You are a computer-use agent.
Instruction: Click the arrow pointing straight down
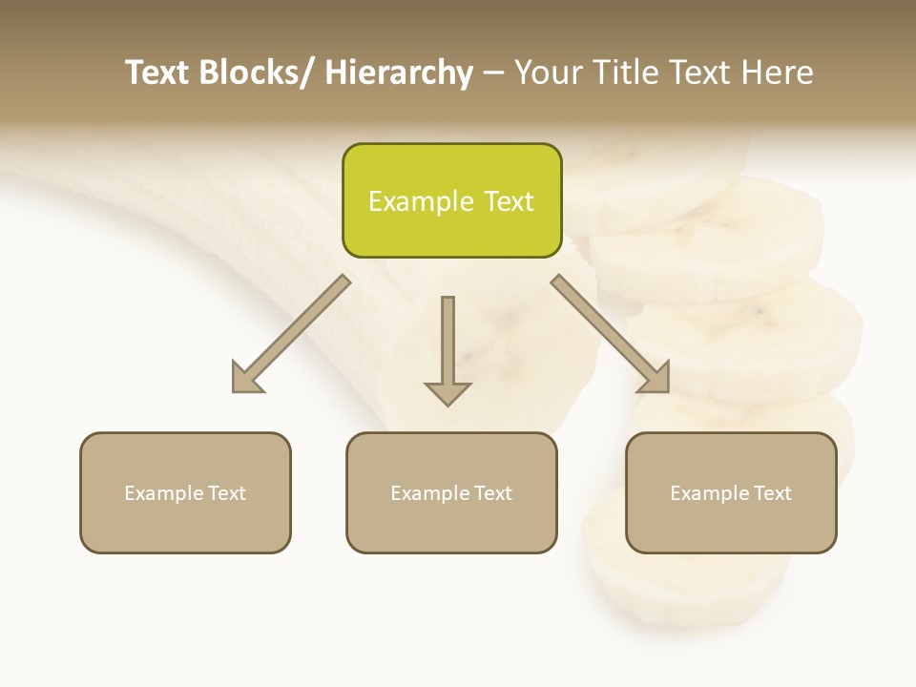(448, 348)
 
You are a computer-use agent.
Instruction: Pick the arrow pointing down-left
(291, 334)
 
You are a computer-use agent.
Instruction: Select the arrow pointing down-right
(611, 334)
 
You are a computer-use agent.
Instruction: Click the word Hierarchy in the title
(399, 73)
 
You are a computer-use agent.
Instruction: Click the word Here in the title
(777, 73)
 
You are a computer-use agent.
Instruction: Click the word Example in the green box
(421, 201)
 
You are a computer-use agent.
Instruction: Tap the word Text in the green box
(509, 201)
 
